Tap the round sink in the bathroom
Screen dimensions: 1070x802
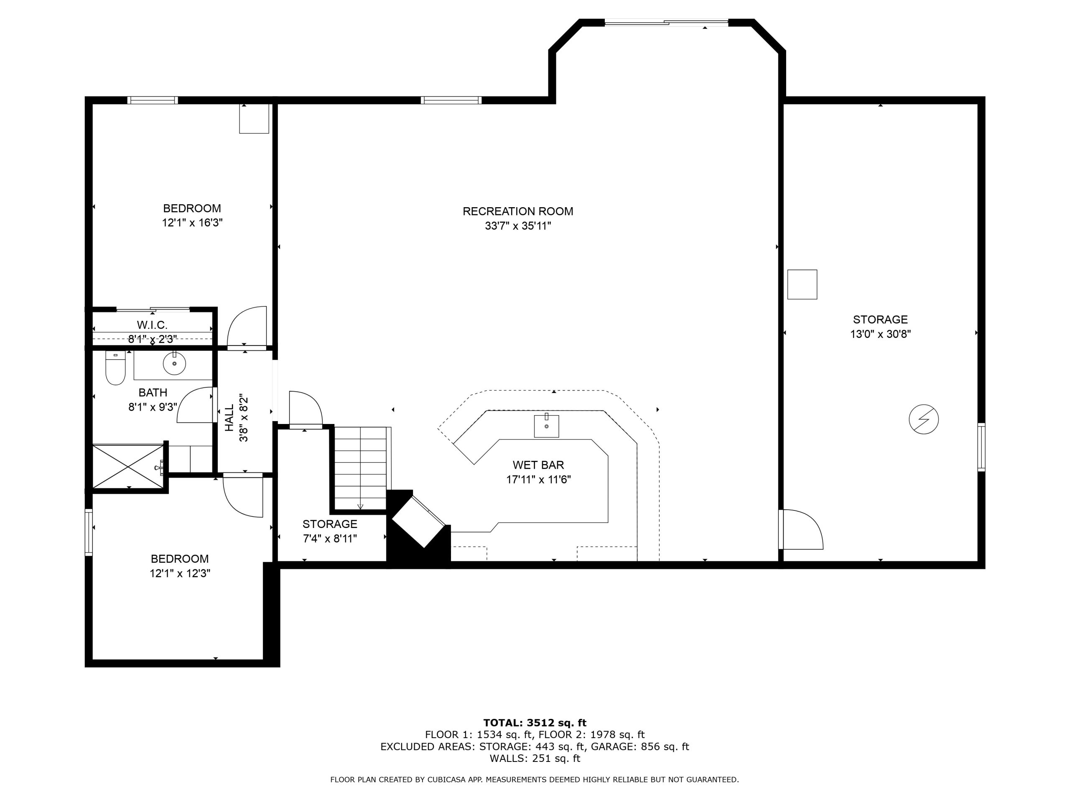click(x=174, y=363)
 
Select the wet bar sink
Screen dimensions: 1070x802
click(x=546, y=426)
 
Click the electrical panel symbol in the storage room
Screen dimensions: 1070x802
click(x=923, y=419)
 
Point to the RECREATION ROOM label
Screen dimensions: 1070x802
click(x=517, y=211)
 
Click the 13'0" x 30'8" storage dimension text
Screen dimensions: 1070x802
click(x=880, y=334)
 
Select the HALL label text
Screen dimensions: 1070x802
click(x=229, y=418)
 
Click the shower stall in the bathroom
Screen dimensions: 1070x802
click(x=128, y=466)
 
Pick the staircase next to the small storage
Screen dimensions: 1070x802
click(x=361, y=468)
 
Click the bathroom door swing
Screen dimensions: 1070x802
click(x=196, y=405)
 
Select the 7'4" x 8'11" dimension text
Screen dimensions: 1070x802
click(x=330, y=538)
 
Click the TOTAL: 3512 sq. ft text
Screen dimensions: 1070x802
click(x=535, y=723)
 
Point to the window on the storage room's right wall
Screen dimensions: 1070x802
click(x=981, y=447)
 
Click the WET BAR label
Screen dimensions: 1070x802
click(x=538, y=465)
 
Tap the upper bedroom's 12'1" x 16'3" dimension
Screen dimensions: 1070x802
click(x=192, y=223)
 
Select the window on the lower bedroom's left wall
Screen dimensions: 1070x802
click(x=89, y=532)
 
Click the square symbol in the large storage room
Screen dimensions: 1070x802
click(x=802, y=284)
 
